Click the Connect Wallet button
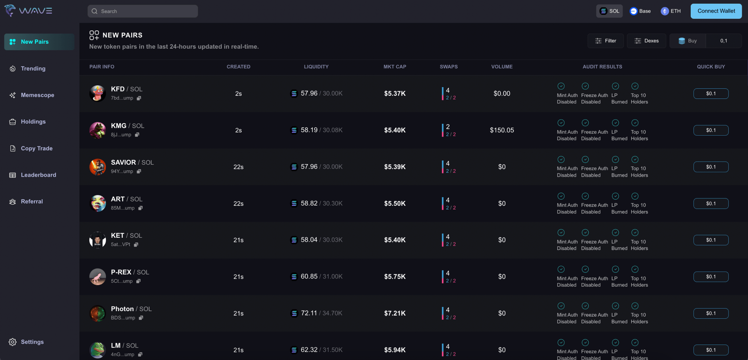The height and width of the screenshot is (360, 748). (716, 11)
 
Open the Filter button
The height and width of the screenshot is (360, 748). (606, 41)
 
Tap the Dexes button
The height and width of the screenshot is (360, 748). (646, 41)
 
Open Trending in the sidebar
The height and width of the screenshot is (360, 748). (33, 68)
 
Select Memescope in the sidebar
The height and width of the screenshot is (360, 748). (37, 95)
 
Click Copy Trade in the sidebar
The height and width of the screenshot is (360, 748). (37, 148)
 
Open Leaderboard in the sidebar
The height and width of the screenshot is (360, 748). (38, 175)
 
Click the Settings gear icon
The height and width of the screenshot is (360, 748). (13, 342)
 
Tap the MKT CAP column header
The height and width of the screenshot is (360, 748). (395, 67)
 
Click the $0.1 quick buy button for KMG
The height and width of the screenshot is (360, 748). (711, 130)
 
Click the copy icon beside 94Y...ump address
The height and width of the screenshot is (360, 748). (139, 171)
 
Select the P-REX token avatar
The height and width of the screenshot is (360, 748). (98, 277)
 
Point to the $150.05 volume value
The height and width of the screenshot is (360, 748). (502, 130)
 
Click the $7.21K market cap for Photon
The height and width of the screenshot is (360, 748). (395, 313)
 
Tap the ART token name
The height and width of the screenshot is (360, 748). (118, 199)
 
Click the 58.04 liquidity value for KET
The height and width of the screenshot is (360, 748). (309, 240)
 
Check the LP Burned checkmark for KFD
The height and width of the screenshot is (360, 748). (615, 86)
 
